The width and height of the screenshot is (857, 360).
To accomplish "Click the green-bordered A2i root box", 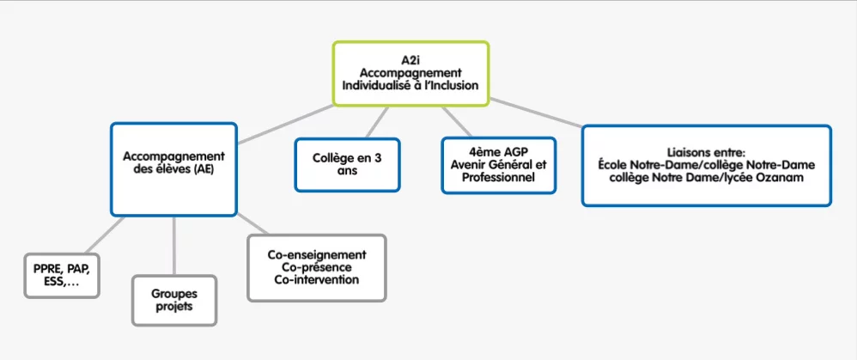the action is click(x=410, y=73).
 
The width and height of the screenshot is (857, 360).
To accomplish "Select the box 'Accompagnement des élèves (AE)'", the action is click(x=173, y=169).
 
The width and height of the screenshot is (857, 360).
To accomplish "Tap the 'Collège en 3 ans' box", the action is click(x=347, y=165).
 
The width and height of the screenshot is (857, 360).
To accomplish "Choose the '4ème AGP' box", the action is click(x=498, y=165).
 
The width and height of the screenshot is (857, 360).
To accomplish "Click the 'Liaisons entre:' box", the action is click(x=706, y=165).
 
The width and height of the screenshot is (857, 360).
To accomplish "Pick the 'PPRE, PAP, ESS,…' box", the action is click(x=62, y=276).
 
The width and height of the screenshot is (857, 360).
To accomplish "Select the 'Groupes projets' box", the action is click(x=174, y=301).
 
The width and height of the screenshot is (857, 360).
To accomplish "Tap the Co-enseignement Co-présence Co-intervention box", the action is click(x=317, y=267).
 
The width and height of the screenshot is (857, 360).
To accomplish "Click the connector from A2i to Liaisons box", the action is click(x=536, y=113).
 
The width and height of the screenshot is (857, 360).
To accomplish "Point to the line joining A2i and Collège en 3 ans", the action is click(x=377, y=122).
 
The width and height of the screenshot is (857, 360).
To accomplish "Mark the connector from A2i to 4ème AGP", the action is click(x=456, y=121).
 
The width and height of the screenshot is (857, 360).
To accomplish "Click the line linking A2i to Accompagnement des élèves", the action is click(x=285, y=125).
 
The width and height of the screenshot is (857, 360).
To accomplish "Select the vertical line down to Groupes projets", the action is click(x=173, y=246).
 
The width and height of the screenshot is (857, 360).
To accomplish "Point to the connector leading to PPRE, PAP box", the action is click(x=104, y=235).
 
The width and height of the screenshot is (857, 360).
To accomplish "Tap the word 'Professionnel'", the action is click(x=498, y=177).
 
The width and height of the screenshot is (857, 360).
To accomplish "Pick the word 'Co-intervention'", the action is click(x=317, y=279).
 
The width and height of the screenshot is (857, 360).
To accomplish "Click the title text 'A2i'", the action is click(x=410, y=59).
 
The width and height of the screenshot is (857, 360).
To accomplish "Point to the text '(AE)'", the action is click(x=201, y=169).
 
